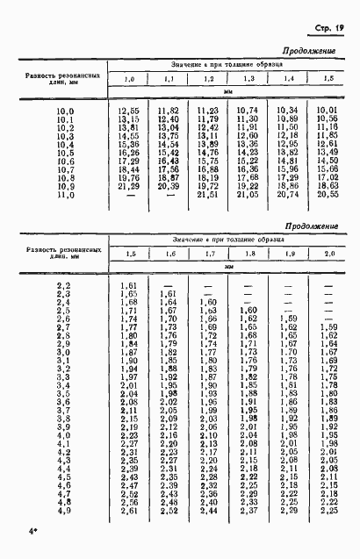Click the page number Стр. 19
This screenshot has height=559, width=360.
[x=326, y=29]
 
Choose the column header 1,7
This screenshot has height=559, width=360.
[x=208, y=254]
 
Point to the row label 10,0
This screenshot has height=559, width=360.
[x=66, y=111]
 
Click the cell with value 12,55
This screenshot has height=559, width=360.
[x=129, y=111]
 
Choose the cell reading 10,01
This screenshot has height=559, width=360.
[x=328, y=111]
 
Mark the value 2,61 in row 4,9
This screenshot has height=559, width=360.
[x=128, y=511]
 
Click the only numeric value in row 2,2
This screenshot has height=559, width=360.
[x=128, y=285]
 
